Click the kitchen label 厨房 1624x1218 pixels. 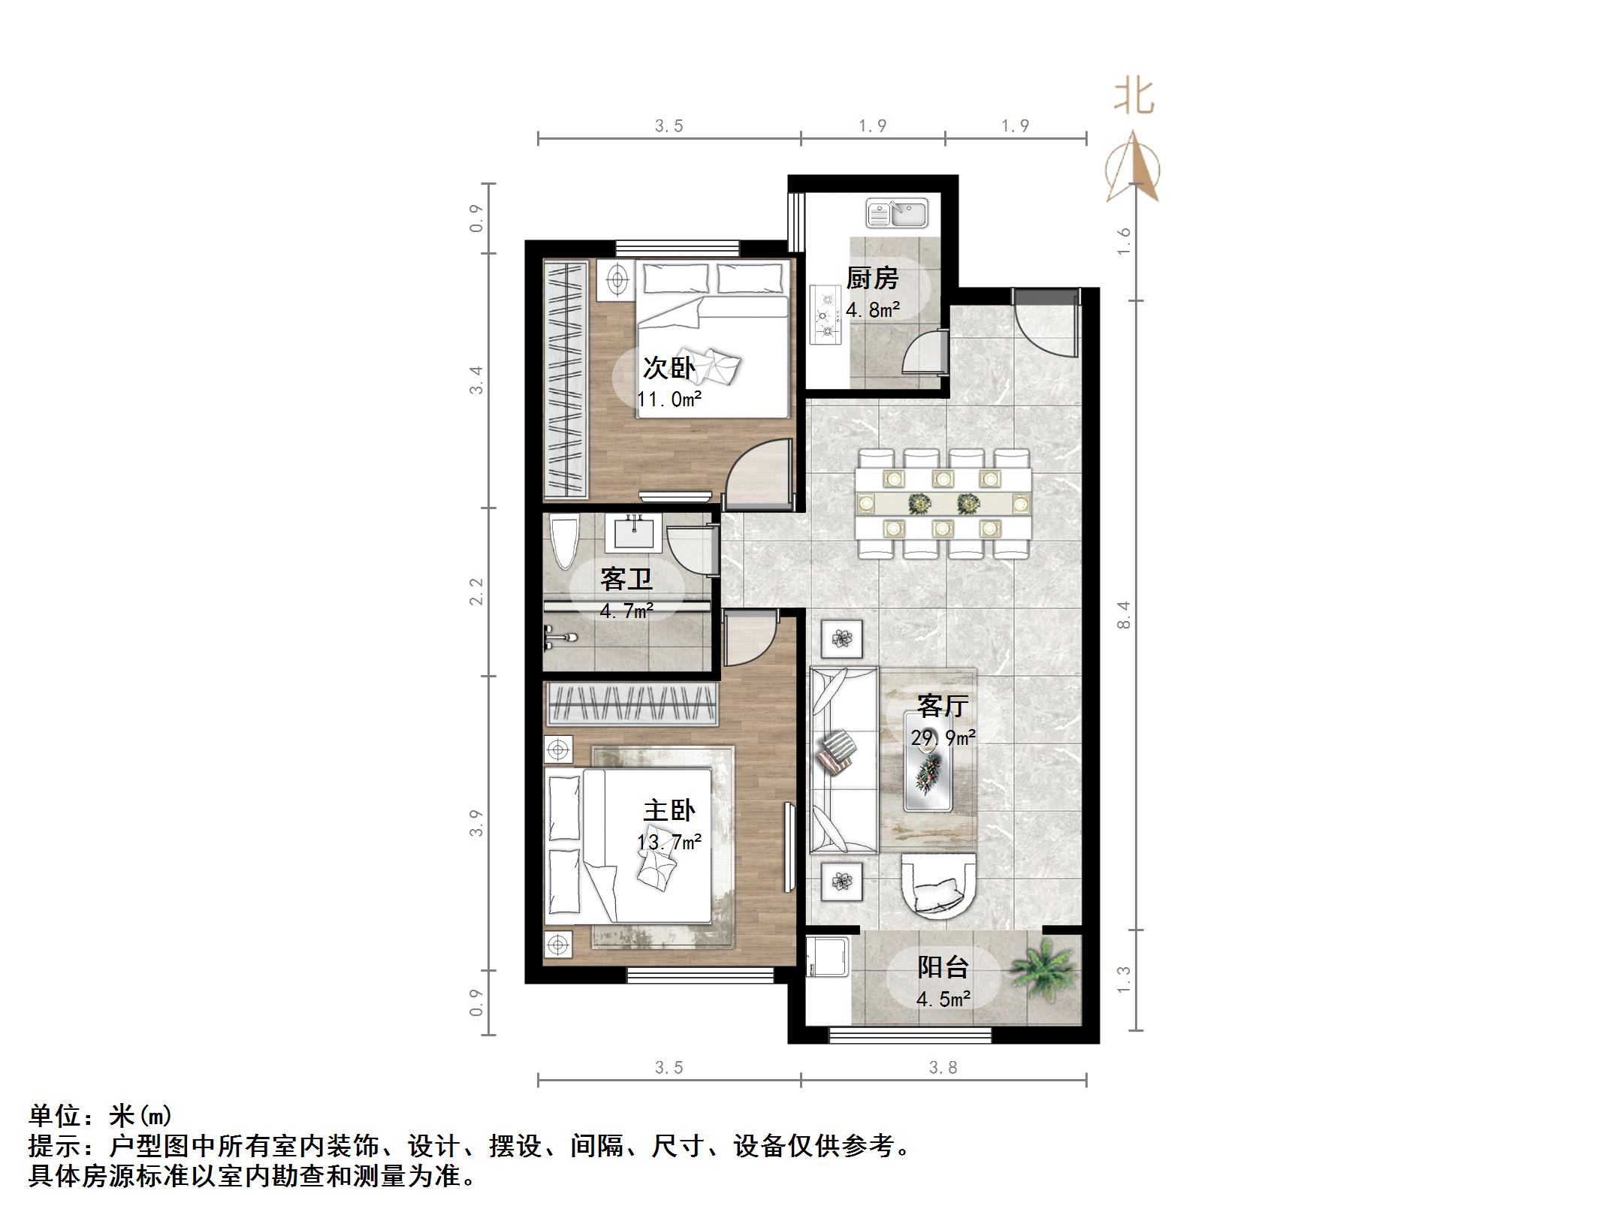tap(872, 279)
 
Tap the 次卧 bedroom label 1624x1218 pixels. tap(669, 368)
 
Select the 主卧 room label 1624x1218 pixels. tap(669, 810)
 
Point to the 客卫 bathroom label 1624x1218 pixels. tap(626, 579)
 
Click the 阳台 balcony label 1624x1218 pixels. tap(943, 967)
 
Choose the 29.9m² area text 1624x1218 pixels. tap(943, 738)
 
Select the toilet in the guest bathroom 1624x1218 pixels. tap(563, 542)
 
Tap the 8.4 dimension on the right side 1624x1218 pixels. tap(1124, 615)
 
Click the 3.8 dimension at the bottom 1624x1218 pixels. tap(943, 1068)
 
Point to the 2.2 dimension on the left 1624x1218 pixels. tap(476, 591)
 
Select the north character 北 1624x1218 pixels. tap(1133, 98)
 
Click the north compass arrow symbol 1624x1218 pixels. tap(1133, 167)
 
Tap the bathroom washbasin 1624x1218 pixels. tap(635, 533)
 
